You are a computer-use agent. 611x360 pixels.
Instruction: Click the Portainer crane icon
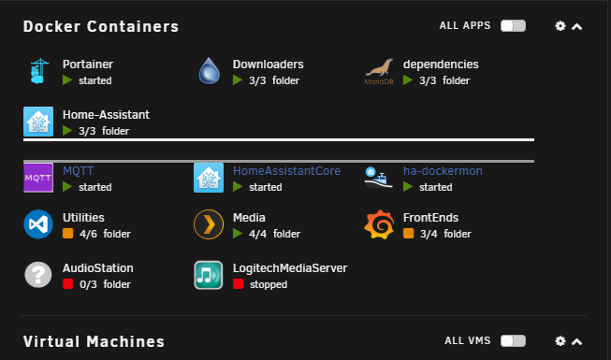click(x=38, y=71)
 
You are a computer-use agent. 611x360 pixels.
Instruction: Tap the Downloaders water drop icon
click(x=210, y=70)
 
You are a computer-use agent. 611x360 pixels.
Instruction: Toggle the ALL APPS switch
click(x=513, y=26)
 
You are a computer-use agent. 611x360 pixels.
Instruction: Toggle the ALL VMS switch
click(x=513, y=341)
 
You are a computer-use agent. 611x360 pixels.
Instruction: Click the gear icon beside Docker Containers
click(x=560, y=26)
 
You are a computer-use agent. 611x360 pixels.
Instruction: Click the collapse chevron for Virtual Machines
click(x=576, y=341)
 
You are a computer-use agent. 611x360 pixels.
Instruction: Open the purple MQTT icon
click(x=38, y=178)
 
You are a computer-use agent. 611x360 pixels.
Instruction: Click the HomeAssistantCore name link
click(x=286, y=170)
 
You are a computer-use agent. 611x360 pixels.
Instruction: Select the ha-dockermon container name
click(x=443, y=170)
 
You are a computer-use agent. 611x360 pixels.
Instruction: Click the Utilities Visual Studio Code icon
click(x=38, y=224)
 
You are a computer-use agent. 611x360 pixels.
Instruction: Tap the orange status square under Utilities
click(x=67, y=234)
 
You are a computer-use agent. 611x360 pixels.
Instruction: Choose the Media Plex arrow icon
click(x=209, y=224)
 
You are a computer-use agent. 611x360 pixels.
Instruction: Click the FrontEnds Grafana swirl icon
click(x=379, y=224)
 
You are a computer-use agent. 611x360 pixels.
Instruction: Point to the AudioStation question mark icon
click(x=38, y=275)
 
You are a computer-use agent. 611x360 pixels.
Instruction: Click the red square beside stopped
click(x=238, y=284)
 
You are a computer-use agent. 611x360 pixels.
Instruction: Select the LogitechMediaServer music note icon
click(x=209, y=275)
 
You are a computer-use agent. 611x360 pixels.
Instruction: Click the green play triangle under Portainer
click(x=67, y=80)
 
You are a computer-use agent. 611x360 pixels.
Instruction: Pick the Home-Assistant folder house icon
click(x=38, y=122)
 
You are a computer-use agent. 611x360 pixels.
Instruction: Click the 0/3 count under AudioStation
click(x=88, y=284)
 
